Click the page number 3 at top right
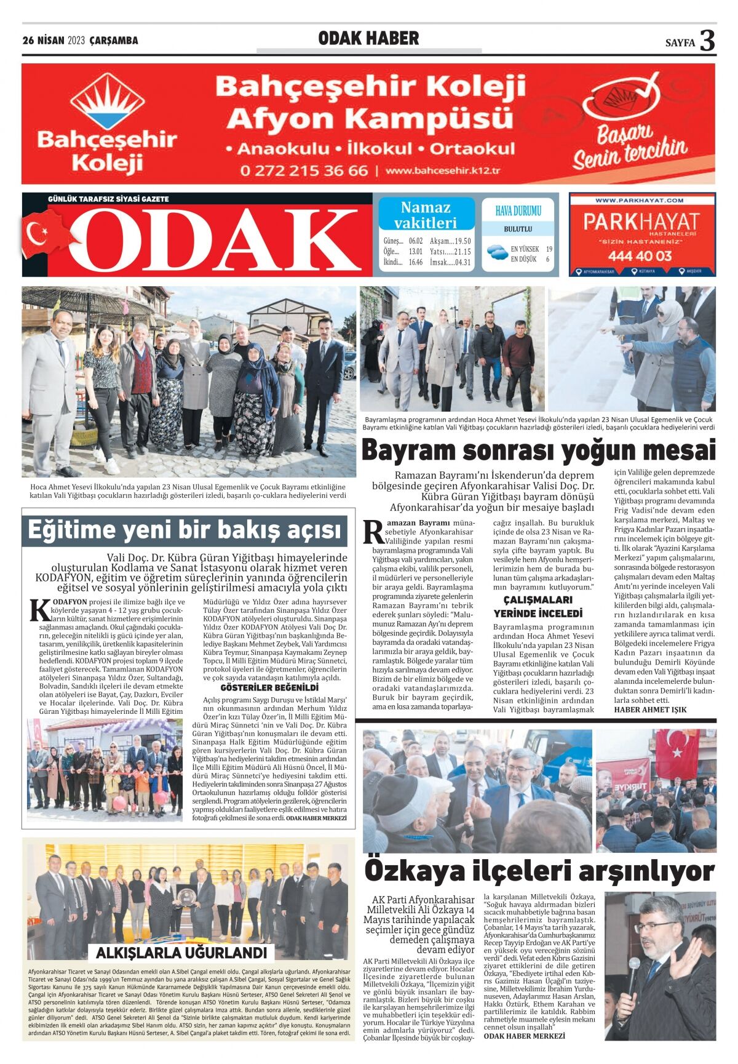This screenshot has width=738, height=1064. point(707,41)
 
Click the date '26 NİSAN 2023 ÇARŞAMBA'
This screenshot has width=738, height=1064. point(81,41)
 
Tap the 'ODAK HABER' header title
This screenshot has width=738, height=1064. point(368,39)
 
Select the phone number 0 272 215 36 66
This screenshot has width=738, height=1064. point(304,170)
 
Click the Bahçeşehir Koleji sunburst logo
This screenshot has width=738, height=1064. point(108,102)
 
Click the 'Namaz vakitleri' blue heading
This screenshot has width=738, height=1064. point(426,215)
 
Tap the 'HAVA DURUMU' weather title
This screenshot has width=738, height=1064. point(518,211)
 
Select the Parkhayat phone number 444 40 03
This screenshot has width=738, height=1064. point(640,255)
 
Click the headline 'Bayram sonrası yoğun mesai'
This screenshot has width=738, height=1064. point(538,450)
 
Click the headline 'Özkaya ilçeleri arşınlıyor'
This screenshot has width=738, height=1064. point(539,871)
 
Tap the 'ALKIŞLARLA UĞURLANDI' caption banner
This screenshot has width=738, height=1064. point(181,953)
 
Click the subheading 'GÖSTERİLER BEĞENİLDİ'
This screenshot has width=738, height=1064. point(269,687)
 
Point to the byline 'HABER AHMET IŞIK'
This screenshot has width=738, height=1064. point(650,710)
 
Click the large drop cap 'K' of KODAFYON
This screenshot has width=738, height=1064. point(40,611)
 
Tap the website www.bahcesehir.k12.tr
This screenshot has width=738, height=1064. point(443,170)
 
